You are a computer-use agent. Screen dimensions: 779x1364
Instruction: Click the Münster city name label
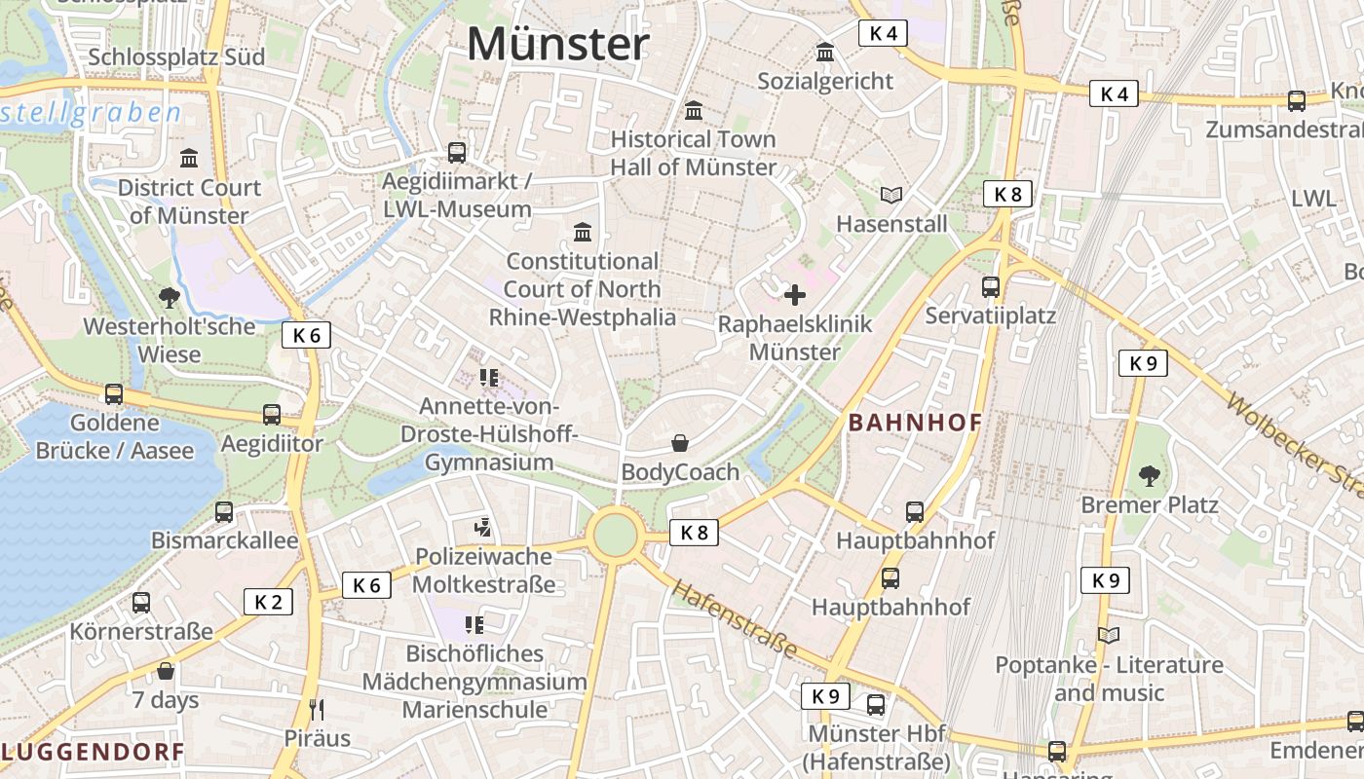click(557, 44)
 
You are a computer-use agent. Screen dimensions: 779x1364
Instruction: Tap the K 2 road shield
click(268, 602)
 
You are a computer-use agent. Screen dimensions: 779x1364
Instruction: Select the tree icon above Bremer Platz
click(1150, 476)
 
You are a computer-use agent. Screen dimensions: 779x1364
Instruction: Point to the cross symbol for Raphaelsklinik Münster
click(795, 294)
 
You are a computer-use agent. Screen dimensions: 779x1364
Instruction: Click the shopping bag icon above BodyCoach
click(680, 444)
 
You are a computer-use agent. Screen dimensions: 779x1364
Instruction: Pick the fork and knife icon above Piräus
click(316, 709)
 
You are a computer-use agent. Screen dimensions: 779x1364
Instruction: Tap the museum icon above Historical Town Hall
click(694, 111)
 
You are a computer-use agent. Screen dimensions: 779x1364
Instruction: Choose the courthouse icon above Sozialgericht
click(825, 53)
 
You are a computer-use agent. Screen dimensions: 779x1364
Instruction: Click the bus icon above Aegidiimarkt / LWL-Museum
click(457, 153)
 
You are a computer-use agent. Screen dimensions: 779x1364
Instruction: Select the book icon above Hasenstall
click(891, 195)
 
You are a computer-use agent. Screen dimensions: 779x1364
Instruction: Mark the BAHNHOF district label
click(915, 423)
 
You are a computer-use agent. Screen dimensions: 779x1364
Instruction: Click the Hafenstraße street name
click(735, 619)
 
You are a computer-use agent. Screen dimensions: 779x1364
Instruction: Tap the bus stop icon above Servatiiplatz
click(991, 287)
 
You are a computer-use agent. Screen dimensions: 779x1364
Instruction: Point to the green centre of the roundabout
click(615, 536)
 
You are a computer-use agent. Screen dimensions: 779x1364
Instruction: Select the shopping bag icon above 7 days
click(166, 671)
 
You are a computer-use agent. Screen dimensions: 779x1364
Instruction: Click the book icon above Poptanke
click(1109, 636)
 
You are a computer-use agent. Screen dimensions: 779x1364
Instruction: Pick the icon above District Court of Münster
click(189, 159)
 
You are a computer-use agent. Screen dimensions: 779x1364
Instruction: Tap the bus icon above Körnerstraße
click(141, 603)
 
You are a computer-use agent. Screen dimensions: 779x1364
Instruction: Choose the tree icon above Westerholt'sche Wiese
click(169, 297)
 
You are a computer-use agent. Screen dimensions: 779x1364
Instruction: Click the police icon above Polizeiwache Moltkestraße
click(482, 528)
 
